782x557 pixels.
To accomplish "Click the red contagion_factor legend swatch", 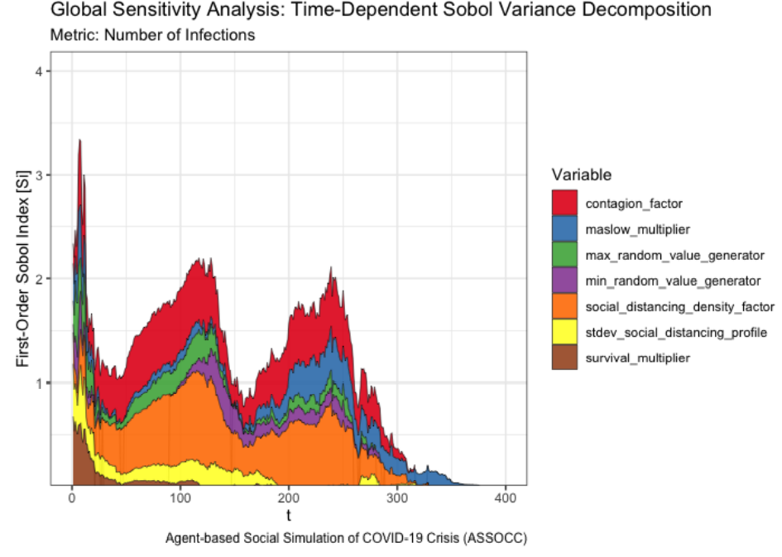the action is pos(564,203).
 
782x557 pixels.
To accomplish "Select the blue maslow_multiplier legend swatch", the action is pos(564,228).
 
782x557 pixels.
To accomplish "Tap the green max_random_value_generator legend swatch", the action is pos(564,254).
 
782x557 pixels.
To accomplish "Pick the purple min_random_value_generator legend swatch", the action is pos(564,281).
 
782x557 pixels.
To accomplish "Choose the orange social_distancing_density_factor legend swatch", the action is pos(564,305).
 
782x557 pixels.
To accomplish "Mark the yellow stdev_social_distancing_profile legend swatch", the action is pos(564,332).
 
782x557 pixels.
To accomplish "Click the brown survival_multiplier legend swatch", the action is pos(564,357).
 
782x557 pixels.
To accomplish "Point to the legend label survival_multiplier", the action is pos(637,358).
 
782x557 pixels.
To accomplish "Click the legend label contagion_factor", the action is pos(633,204).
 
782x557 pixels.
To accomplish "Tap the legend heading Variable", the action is pos(581,175).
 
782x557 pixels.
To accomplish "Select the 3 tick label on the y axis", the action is pos(38,175).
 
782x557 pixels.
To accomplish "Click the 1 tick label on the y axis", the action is pos(38,383).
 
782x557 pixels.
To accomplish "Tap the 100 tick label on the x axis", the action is pos(180,497).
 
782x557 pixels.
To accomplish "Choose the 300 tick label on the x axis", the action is pos(397,497).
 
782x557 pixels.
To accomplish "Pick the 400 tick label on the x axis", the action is pos(506,497).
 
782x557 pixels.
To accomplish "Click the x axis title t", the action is pos(288,515).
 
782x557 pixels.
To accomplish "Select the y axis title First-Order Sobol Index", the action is pos(22,269).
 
